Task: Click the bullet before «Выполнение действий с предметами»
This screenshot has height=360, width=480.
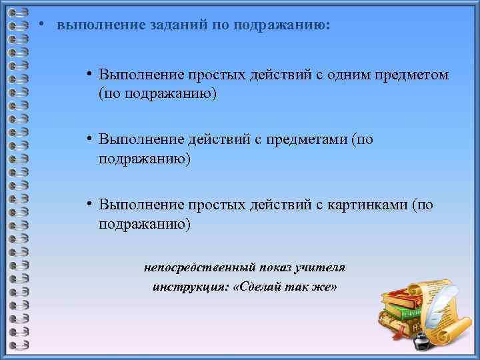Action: click(x=88, y=139)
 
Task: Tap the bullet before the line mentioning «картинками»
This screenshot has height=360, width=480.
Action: click(x=88, y=205)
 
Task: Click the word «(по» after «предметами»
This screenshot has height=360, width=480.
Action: click(x=362, y=139)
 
